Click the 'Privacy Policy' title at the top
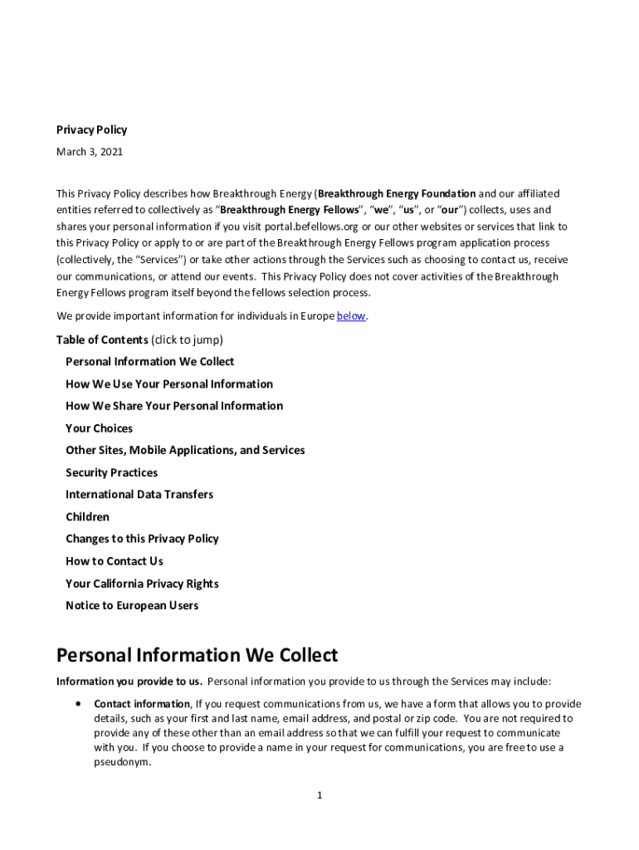(x=91, y=129)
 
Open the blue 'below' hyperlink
(x=351, y=316)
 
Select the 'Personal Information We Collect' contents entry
(x=149, y=362)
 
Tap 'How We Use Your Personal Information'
(x=169, y=384)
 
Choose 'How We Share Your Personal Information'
(x=174, y=406)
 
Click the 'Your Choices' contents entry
(x=99, y=428)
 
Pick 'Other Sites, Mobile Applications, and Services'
(x=185, y=450)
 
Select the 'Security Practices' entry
(x=111, y=472)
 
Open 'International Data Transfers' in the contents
(x=139, y=495)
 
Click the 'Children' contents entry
(x=87, y=516)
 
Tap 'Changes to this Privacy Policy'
(x=142, y=539)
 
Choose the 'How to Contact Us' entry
(x=115, y=561)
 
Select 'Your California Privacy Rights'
(x=142, y=584)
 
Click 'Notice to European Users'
(x=132, y=605)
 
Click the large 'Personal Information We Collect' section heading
(x=197, y=655)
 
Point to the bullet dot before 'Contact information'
(x=77, y=703)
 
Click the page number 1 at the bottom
(x=319, y=796)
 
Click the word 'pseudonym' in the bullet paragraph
(x=121, y=762)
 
